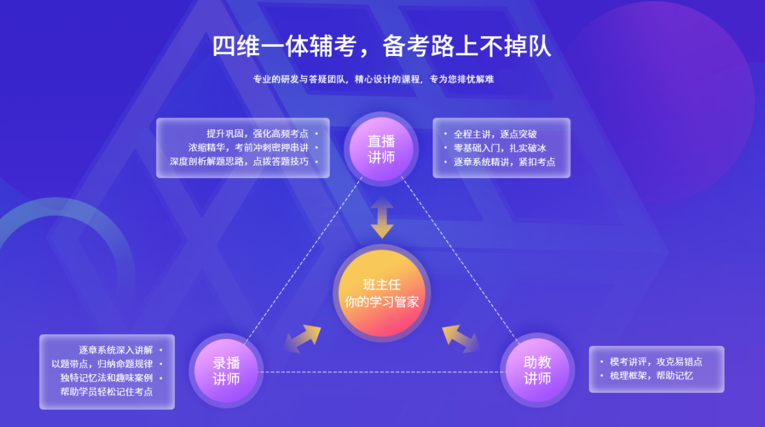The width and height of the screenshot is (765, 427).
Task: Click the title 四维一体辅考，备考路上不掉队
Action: click(381, 46)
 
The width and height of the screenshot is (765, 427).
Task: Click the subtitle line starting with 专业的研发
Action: click(373, 79)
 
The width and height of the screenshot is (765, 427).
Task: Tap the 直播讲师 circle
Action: click(381, 149)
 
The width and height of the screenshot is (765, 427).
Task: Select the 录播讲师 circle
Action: click(226, 371)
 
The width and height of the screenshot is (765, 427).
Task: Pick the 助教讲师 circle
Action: click(537, 370)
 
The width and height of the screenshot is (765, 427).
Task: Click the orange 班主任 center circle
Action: click(381, 293)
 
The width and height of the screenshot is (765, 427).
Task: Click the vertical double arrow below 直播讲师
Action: click(382, 217)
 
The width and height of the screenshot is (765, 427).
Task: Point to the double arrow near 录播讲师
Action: click(303, 338)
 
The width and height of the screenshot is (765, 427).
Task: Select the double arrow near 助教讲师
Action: click(460, 338)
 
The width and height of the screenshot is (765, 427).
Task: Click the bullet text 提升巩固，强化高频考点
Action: click(257, 134)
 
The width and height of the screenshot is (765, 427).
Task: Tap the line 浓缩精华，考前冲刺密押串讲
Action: click(248, 147)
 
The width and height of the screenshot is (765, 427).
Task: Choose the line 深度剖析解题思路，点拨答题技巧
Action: click(239, 161)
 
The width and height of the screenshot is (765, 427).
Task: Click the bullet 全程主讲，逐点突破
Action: click(495, 134)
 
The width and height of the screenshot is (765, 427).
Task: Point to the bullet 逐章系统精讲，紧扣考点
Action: click(505, 162)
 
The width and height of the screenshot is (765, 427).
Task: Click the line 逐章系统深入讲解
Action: click(116, 350)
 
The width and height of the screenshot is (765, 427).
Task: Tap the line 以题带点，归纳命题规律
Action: click(102, 364)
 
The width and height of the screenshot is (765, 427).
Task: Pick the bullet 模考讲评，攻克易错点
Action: click(656, 361)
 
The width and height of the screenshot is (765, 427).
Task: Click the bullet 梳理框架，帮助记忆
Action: click(651, 376)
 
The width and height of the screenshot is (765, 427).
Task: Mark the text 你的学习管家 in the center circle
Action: click(381, 302)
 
